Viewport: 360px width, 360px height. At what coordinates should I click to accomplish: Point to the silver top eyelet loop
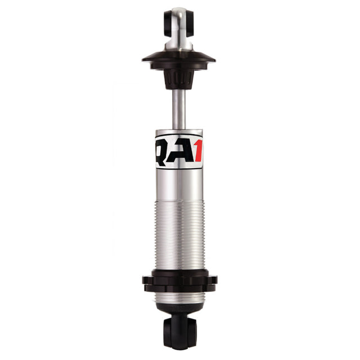179,17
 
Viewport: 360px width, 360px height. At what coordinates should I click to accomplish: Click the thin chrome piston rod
179,110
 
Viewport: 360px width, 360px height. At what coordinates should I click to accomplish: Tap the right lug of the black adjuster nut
213,280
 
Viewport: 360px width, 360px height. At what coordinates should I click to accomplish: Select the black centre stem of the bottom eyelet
179,329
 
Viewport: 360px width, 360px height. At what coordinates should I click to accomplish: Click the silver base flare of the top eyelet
179,44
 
